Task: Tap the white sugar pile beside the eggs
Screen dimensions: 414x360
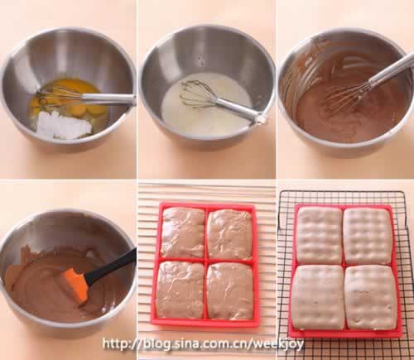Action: coord(64,126)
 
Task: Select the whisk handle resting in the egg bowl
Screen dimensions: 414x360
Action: coord(108,98)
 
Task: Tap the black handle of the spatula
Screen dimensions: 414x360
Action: coord(110,266)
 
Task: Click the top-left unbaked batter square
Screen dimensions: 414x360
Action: coord(183,233)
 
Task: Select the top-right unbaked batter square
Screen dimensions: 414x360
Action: coord(230,234)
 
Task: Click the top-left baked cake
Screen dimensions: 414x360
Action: coord(319,236)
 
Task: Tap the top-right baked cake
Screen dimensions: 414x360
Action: coord(368,237)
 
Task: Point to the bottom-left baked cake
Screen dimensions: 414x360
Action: coord(318,297)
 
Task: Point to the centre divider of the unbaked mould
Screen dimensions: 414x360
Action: coord(206,260)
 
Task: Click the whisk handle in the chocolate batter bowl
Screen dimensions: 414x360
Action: coord(390,70)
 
